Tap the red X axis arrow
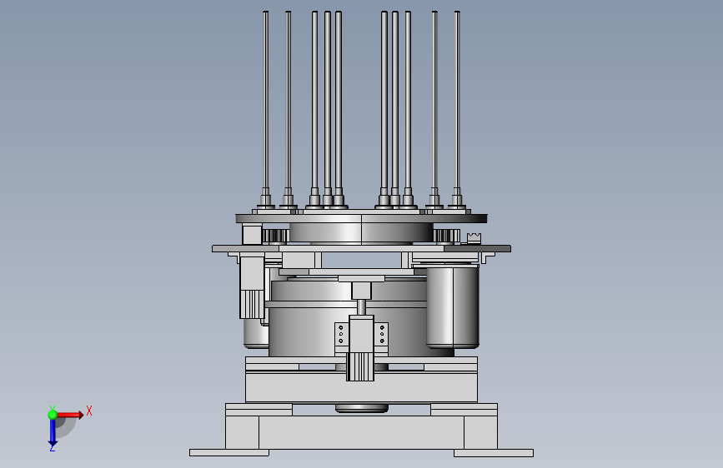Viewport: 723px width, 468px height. click(x=70, y=415)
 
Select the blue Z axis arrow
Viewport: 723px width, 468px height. click(x=53, y=431)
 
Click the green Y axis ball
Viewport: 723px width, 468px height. click(x=53, y=415)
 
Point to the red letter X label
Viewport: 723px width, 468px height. click(x=89, y=411)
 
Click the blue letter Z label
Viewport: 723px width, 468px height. click(x=52, y=448)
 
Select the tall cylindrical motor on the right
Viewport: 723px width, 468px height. click(x=453, y=306)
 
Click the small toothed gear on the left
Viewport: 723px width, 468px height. click(x=275, y=236)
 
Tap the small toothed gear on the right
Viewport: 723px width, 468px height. click(x=446, y=236)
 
